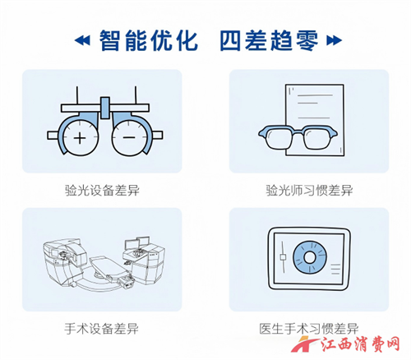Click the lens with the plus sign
[80, 137]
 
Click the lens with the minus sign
[129, 137]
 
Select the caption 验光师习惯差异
[308, 190]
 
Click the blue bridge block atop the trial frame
[104, 104]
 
